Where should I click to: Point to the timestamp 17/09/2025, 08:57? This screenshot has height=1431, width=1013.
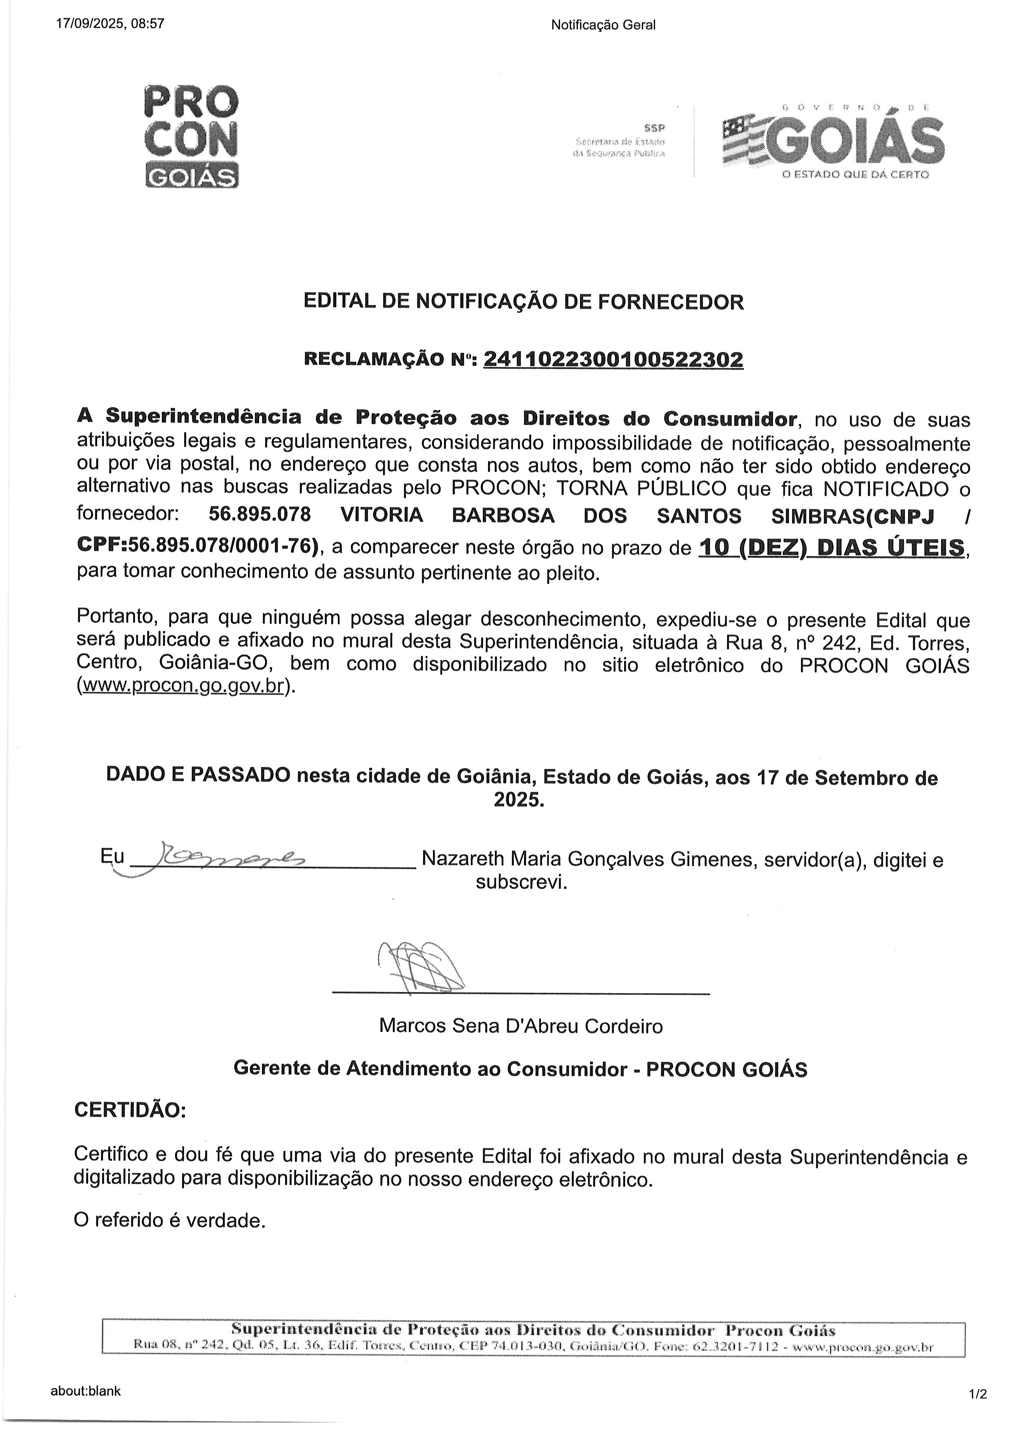tap(110, 25)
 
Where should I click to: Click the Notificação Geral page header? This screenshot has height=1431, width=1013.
tap(603, 25)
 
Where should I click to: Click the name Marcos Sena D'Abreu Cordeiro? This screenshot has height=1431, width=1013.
tap(521, 1026)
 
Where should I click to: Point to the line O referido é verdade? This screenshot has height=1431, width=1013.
tap(170, 1238)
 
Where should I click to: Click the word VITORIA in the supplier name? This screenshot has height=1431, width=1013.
tap(382, 516)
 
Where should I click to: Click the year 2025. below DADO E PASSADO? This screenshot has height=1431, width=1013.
tap(519, 799)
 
